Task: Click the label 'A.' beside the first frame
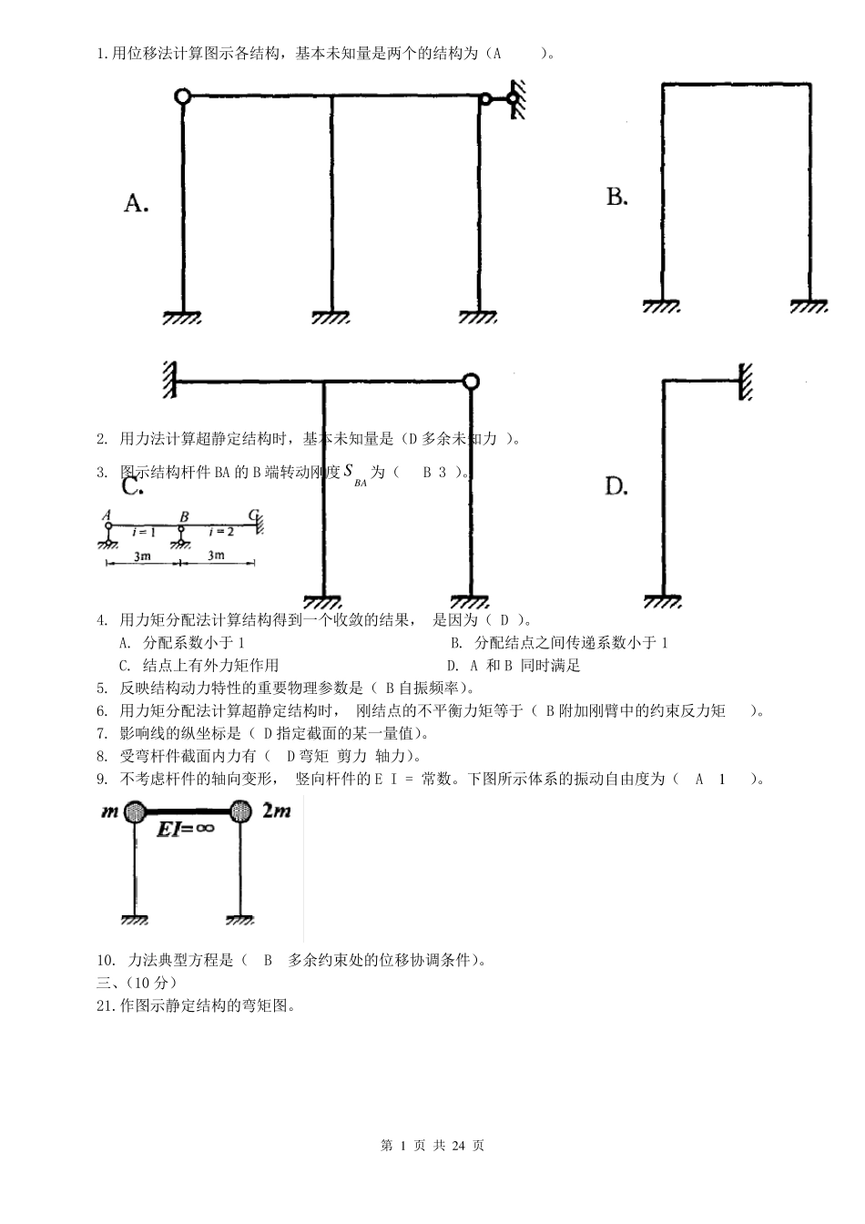pos(136,203)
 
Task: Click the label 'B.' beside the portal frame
pos(616,197)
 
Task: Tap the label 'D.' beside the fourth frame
pos(616,487)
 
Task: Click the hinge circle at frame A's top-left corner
pos(182,95)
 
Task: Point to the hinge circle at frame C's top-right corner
pos(470,382)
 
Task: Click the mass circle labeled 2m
pos(240,810)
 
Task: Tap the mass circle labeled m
pos(136,810)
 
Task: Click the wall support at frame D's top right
pos(745,382)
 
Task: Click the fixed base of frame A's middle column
pos(331,317)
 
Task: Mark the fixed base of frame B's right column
pos(809,306)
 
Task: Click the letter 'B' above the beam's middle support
pos(184,516)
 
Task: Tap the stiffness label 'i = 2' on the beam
pos(221,531)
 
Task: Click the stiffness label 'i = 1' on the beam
pos(144,531)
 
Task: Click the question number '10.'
pos(105,960)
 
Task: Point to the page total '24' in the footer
pos(457,1146)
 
